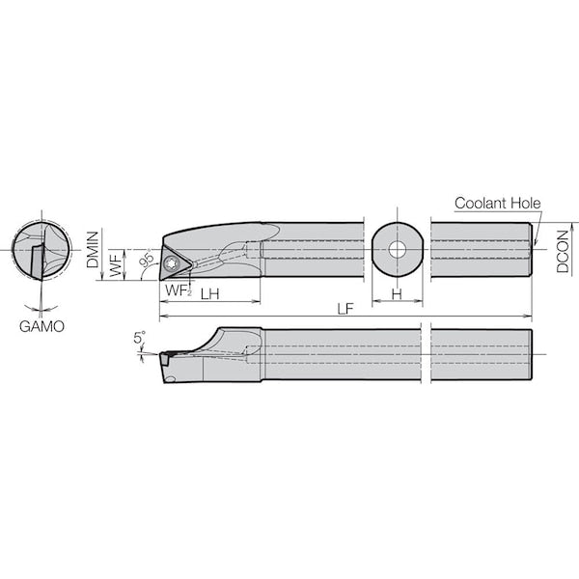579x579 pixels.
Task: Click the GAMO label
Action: (41, 326)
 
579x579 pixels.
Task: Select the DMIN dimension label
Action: (93, 249)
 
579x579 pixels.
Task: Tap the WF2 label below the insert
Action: (179, 290)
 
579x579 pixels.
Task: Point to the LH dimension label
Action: (209, 294)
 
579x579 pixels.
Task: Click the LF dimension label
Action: (345, 309)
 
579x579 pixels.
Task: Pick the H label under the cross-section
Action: (397, 294)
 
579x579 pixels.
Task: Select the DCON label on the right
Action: (563, 252)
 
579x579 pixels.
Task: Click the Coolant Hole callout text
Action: (497, 203)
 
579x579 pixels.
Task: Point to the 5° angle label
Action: (140, 338)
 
